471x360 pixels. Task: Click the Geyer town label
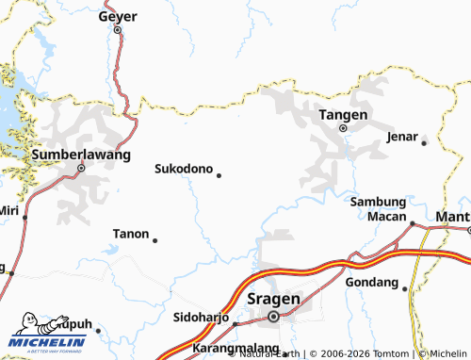(118, 16)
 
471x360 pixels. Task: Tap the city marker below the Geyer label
(118, 30)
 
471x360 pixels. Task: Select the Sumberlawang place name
(80, 154)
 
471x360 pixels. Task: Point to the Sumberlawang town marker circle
(81, 169)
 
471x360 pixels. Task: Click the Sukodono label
(183, 170)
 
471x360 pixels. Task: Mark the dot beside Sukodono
(219, 174)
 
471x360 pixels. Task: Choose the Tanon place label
(131, 233)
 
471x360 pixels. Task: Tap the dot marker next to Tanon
(154, 240)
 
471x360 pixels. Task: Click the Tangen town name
(342, 113)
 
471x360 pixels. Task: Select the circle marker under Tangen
(343, 127)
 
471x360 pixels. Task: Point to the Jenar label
(402, 137)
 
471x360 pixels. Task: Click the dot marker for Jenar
(424, 142)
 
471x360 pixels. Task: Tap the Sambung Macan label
(378, 209)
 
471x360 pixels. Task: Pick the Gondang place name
(372, 282)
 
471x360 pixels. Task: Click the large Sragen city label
(273, 299)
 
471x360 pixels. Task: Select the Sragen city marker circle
(273, 317)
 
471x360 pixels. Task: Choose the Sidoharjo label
(202, 317)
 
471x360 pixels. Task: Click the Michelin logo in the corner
(49, 335)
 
